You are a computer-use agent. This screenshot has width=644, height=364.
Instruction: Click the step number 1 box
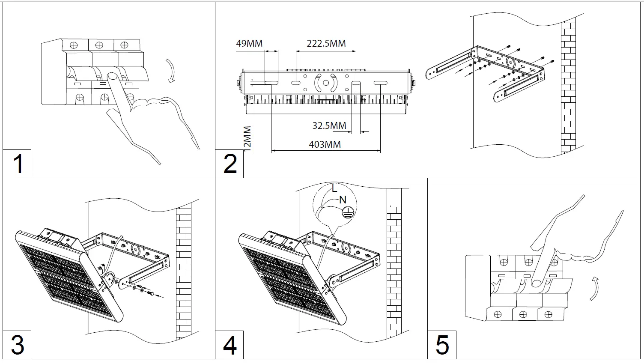(17, 164)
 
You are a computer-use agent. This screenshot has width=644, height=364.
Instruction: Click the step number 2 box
(230, 164)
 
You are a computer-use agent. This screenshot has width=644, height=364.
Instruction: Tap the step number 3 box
(17, 345)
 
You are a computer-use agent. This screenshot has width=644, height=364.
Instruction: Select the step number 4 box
(230, 345)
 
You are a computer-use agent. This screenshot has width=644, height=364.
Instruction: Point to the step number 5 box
(442, 345)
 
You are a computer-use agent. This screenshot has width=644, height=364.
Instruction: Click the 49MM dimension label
(249, 43)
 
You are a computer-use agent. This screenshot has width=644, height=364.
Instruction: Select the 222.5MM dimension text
(326, 43)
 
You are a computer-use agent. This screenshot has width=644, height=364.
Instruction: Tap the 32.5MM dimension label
(329, 125)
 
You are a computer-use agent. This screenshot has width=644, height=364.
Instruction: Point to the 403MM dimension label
(325, 144)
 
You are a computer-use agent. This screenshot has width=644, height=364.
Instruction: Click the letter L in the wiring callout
(334, 188)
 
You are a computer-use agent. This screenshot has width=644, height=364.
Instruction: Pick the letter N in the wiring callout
(343, 200)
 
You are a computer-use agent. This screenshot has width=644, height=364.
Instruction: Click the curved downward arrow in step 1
(171, 71)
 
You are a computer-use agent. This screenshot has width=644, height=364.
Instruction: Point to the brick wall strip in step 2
(568, 86)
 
